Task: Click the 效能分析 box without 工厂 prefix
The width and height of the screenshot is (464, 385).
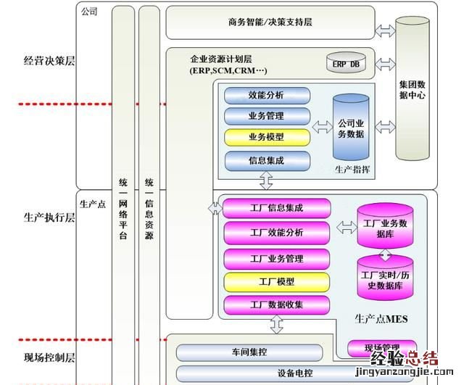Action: tap(267, 95)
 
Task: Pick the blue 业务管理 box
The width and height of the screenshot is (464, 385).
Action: tap(267, 116)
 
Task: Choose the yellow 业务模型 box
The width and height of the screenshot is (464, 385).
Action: tap(267, 136)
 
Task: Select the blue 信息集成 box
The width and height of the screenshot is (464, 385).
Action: tap(267, 159)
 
